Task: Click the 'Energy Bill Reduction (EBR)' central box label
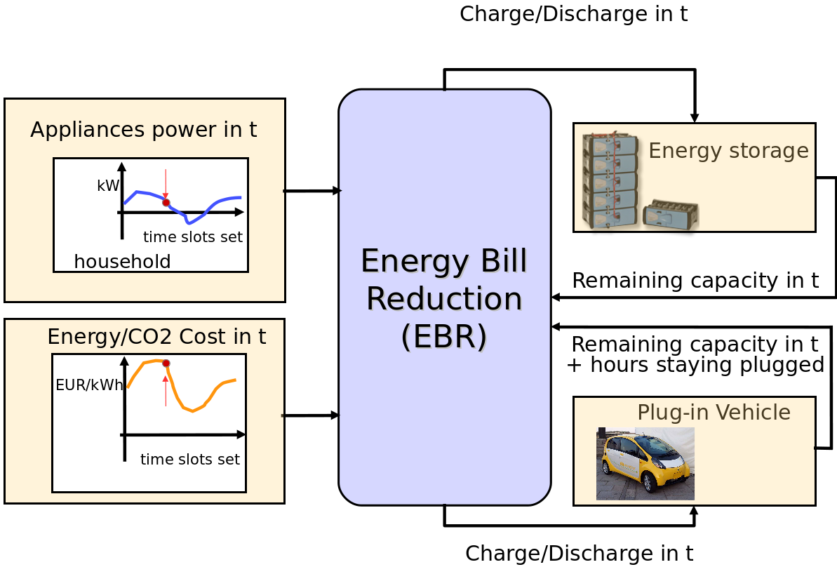point(443,298)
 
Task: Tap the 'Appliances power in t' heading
point(143,130)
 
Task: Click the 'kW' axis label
point(108,186)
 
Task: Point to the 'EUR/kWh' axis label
point(89,385)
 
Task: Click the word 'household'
point(122,262)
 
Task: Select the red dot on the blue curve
point(166,203)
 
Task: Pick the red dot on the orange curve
point(166,363)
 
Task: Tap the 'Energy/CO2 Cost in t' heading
point(156,337)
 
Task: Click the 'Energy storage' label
point(728,151)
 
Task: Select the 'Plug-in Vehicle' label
point(714,413)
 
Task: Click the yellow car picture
point(645,463)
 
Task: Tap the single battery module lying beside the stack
point(670,214)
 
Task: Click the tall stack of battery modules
point(610,180)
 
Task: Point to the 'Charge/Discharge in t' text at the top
point(573,14)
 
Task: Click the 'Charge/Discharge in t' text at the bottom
point(579,554)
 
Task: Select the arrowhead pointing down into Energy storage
point(695,117)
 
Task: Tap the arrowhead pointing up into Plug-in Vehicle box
point(694,511)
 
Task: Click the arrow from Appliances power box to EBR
point(312,191)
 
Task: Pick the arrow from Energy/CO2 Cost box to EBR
point(311,415)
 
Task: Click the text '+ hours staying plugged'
point(695,366)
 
